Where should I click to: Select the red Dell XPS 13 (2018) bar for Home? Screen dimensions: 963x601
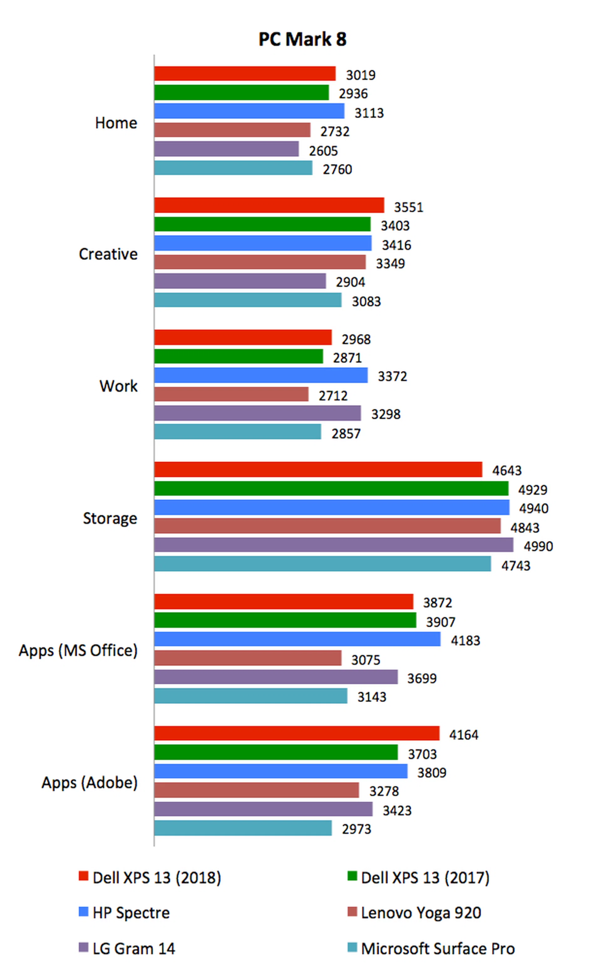click(245, 74)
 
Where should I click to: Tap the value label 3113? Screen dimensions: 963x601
click(369, 113)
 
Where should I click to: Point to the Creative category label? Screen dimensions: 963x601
click(108, 254)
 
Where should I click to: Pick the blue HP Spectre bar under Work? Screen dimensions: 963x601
click(261, 375)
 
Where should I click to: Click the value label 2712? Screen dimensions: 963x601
click(333, 396)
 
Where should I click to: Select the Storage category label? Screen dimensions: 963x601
click(110, 518)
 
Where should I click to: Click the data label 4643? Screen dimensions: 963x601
click(507, 471)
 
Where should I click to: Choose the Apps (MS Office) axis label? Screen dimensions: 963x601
click(78, 650)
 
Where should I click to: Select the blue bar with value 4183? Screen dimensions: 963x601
click(297, 639)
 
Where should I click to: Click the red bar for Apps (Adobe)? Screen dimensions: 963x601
click(297, 733)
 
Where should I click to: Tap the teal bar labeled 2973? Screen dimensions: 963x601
click(243, 828)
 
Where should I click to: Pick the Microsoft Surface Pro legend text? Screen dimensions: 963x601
click(438, 949)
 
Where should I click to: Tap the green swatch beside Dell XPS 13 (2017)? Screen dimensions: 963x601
click(352, 876)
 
